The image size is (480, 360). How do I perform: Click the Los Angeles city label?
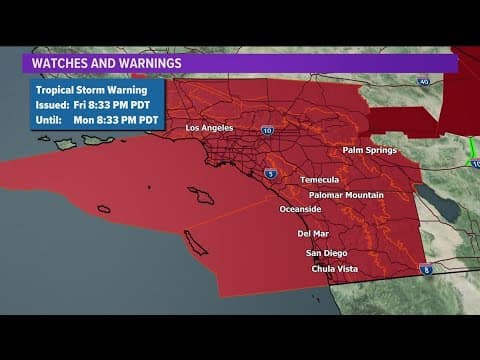click(x=209, y=128)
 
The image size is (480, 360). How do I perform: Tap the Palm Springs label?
click(x=370, y=150)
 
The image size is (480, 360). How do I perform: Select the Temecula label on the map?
click(x=320, y=180)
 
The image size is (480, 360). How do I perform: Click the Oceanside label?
click(x=299, y=209)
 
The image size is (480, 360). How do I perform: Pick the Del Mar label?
click(x=313, y=233)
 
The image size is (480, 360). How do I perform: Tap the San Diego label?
click(x=326, y=253)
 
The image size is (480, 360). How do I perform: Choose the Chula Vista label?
click(x=334, y=268)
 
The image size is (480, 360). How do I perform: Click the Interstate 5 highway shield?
click(x=271, y=174)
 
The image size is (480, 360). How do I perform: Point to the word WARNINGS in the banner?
click(x=146, y=63)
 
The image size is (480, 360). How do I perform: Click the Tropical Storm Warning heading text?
click(x=84, y=89)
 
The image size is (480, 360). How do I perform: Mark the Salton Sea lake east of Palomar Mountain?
click(x=438, y=200)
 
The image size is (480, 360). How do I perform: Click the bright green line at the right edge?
click(x=471, y=150)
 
